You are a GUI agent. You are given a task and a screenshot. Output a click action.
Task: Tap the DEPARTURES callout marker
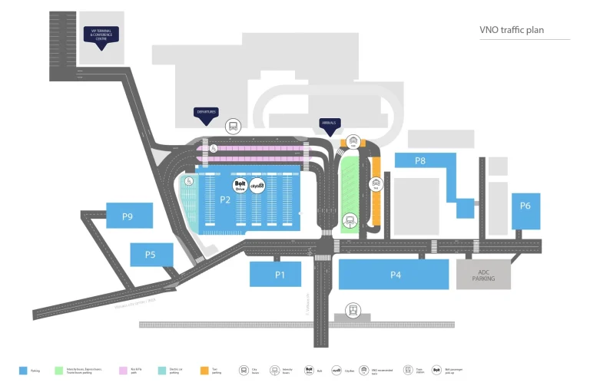(x=206, y=113)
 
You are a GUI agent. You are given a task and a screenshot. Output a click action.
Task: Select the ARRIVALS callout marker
(x=330, y=124)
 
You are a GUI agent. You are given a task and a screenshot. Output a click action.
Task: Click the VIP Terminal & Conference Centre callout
(x=102, y=36)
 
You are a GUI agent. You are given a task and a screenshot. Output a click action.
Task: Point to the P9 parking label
(x=128, y=217)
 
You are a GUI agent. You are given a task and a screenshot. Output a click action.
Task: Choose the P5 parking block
(x=151, y=255)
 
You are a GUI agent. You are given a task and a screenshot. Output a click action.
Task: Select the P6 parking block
(x=525, y=206)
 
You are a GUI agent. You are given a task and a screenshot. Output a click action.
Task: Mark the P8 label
(x=420, y=160)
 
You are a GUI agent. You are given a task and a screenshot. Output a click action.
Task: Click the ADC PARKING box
(x=483, y=274)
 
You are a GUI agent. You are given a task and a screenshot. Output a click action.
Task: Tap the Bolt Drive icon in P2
(x=239, y=185)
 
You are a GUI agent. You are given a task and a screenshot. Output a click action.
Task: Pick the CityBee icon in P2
(x=257, y=185)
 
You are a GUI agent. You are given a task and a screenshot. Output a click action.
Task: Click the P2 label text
(x=224, y=199)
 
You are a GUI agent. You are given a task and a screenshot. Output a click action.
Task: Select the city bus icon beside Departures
(x=232, y=126)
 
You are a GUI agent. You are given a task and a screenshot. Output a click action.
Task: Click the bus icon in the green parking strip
(x=350, y=220)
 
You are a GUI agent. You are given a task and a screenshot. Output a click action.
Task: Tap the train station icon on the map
(x=353, y=311)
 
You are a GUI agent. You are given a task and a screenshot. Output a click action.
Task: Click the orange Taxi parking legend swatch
(x=204, y=371)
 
